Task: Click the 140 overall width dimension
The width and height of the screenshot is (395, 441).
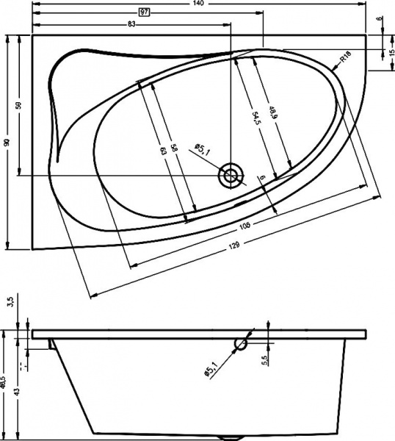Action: tap(197, 4)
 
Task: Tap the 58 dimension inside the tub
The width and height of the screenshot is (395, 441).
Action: tap(174, 147)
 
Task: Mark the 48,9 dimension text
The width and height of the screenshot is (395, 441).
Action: tap(272, 112)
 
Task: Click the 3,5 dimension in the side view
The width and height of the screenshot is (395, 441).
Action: tap(10, 302)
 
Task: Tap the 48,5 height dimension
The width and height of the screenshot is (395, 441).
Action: tap(4, 381)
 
